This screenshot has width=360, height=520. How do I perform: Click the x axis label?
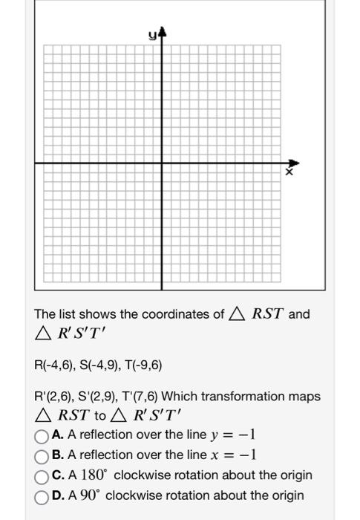coord(290,172)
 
